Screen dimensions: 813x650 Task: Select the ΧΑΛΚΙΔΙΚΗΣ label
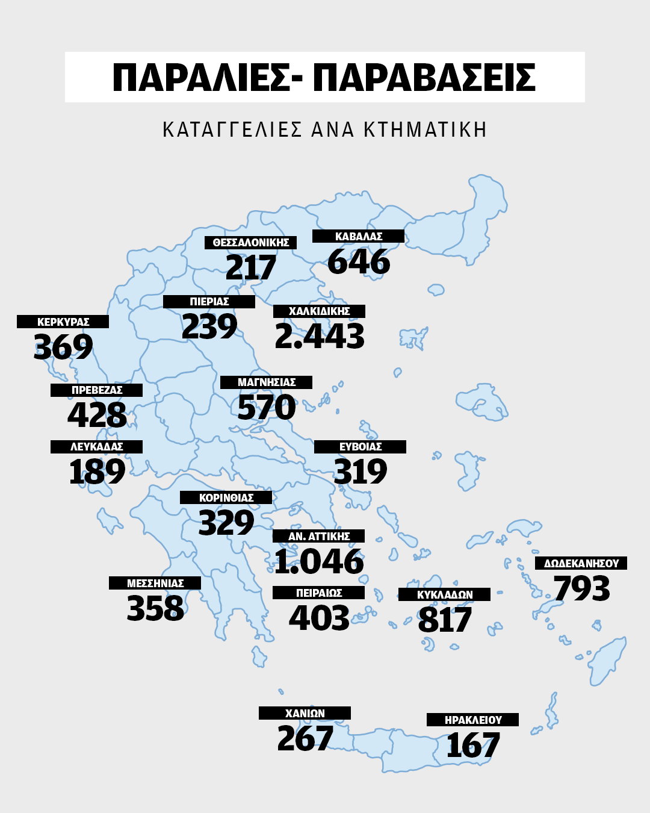[319, 311]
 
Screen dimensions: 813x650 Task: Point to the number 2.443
[320, 336]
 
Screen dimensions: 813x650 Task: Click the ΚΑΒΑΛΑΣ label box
[358, 237]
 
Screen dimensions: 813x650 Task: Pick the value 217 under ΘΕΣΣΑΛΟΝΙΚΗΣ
[250, 267]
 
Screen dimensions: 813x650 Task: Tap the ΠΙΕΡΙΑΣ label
[209, 302]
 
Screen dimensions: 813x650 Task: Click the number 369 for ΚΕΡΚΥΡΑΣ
[63, 347]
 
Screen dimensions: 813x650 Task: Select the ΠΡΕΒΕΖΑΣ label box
[96, 390]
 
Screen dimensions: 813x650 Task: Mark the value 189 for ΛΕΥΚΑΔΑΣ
[97, 472]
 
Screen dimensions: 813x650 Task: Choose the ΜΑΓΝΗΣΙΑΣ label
[266, 382]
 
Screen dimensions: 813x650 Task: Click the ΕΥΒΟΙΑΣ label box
[360, 447]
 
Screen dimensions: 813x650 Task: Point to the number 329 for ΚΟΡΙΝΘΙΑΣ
[226, 523]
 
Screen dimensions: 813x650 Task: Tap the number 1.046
[319, 561]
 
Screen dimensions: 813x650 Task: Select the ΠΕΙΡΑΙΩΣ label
[318, 593]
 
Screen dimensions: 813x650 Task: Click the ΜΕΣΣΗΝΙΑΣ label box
[155, 584]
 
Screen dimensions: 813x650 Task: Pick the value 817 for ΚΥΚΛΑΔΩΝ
[445, 620]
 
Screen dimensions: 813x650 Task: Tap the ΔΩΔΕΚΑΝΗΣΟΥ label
[581, 564]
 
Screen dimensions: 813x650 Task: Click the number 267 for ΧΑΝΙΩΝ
[305, 738]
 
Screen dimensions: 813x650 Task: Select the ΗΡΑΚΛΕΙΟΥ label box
[472, 720]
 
